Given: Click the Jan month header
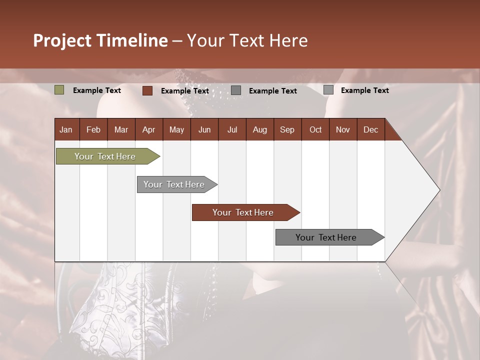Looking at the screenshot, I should tap(66, 129).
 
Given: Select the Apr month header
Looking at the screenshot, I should tap(148, 129).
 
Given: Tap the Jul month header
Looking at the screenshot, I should tap(232, 129).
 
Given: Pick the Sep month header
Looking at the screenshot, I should tap(287, 129).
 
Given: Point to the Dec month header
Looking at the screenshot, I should tap(370, 129).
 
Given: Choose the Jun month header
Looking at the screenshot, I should tap(204, 129).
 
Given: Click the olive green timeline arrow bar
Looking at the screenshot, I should tap(105, 156).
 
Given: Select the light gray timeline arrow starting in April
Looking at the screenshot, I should tap(175, 184).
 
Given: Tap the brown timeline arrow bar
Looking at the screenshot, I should tap(243, 212).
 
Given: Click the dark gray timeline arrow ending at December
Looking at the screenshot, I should tap(327, 237).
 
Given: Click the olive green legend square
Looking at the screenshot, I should tap(59, 90).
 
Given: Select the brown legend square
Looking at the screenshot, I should tap(147, 90).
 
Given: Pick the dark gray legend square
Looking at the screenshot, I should tap(236, 90).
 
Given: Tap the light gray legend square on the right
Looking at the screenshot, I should tap(328, 90).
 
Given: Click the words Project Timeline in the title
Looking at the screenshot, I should tap(100, 40).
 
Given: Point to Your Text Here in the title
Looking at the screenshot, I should tap(247, 40).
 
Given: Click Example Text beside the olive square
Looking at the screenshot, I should tap(97, 90).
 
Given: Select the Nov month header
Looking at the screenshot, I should tap(342, 129).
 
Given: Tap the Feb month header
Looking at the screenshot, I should tap(93, 129).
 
